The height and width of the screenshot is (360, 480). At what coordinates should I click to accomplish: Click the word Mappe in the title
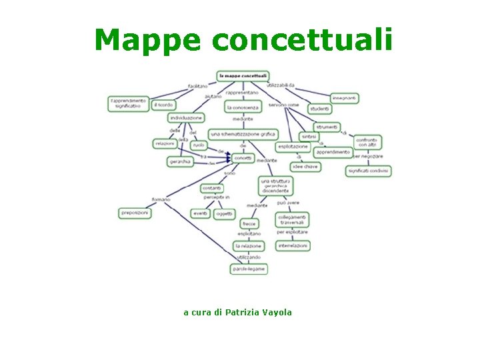(x=147, y=40)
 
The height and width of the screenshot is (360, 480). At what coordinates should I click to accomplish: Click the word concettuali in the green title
(x=302, y=40)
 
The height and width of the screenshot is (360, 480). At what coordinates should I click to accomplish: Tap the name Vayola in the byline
(x=277, y=312)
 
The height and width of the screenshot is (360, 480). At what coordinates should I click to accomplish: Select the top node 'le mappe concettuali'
(x=243, y=76)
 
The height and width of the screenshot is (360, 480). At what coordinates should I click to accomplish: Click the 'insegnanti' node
(x=345, y=98)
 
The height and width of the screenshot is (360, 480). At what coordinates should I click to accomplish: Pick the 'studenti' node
(x=320, y=109)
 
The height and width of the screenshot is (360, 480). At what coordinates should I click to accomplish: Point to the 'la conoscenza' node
(x=243, y=107)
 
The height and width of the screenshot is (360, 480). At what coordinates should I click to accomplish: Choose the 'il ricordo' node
(x=163, y=105)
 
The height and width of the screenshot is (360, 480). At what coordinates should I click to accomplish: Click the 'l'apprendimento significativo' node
(x=128, y=103)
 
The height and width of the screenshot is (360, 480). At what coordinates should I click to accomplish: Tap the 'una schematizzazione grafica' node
(x=243, y=134)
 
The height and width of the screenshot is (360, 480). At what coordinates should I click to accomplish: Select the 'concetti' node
(x=243, y=157)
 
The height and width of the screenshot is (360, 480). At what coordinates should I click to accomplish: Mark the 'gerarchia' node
(x=180, y=161)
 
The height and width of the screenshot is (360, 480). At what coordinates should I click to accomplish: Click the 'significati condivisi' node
(x=368, y=171)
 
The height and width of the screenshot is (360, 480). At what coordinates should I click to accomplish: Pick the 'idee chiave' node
(x=306, y=167)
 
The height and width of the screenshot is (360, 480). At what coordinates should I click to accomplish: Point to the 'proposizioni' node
(x=135, y=213)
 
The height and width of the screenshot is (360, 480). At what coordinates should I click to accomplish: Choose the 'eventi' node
(x=200, y=213)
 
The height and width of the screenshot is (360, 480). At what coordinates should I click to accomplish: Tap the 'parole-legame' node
(x=249, y=269)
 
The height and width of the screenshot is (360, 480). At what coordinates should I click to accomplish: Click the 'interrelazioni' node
(x=293, y=245)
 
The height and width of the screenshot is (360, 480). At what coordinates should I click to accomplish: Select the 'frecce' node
(x=249, y=224)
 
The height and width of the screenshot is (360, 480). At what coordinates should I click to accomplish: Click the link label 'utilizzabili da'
(x=281, y=86)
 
